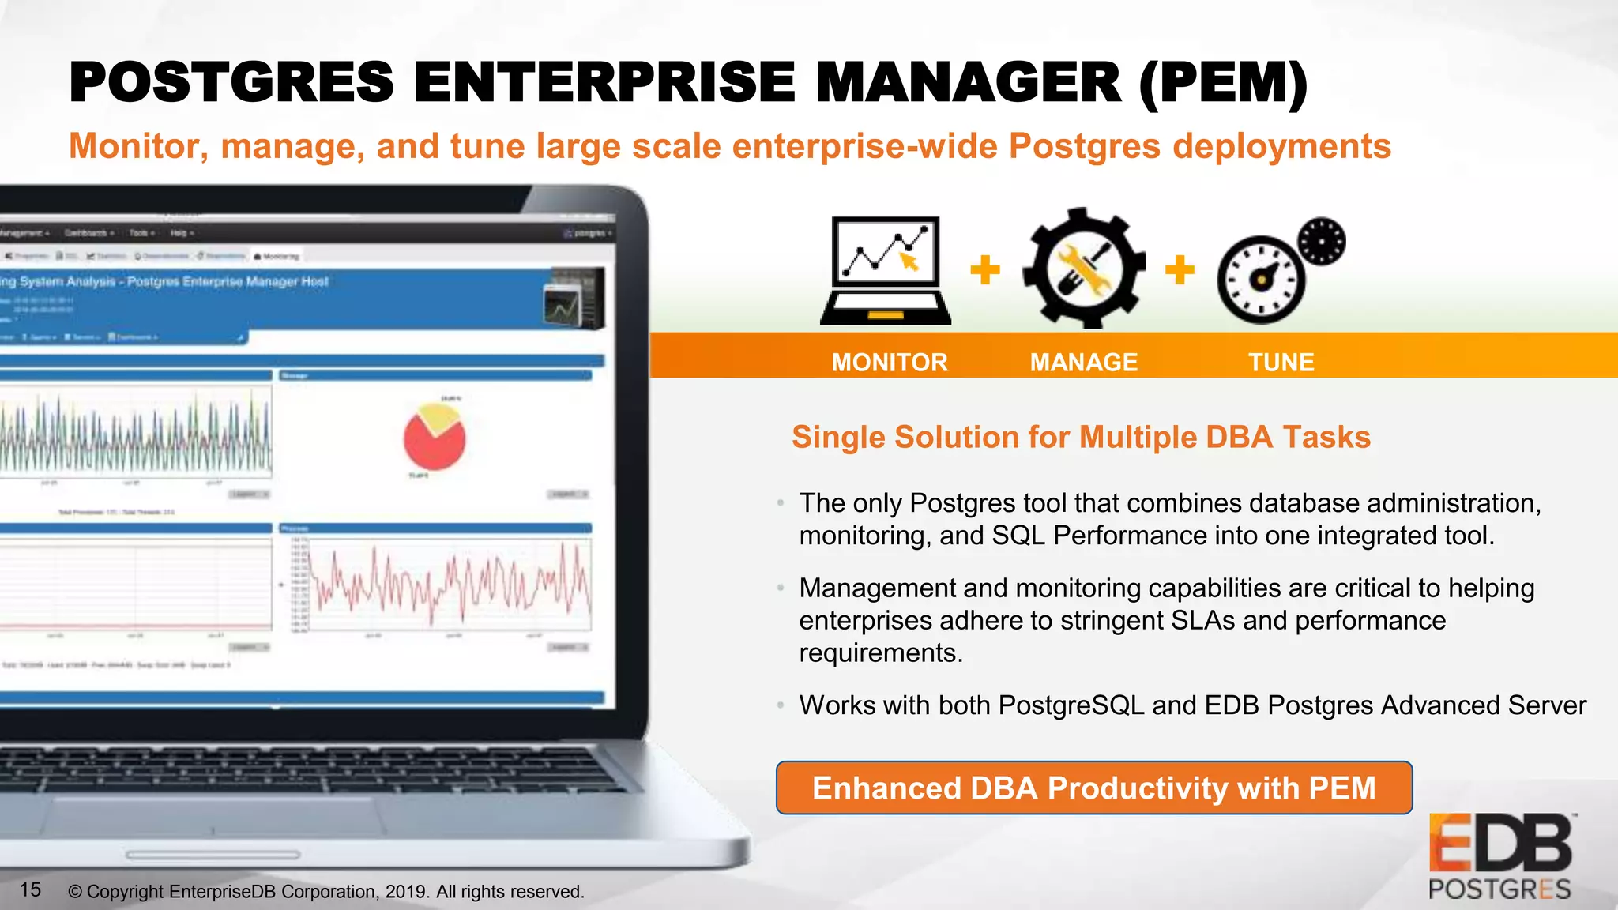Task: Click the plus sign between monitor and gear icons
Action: coord(985,269)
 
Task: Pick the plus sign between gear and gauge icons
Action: coord(1180,269)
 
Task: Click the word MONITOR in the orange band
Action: coord(889,362)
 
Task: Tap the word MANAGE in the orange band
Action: coord(1083,362)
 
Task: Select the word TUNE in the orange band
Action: coord(1281,362)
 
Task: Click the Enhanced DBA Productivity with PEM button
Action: coord(1093,788)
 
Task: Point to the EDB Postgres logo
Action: coord(1500,856)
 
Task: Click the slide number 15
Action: coord(30,890)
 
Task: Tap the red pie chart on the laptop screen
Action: coord(435,438)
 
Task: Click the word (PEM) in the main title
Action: coord(1223,82)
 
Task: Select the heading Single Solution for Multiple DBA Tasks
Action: coord(1081,437)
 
